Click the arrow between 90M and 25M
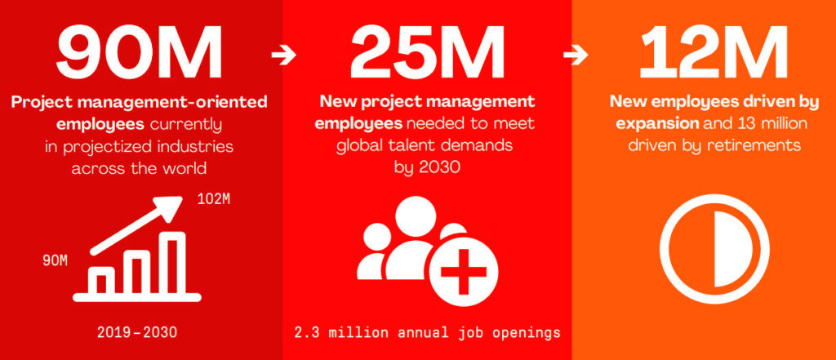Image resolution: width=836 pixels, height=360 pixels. point(283,55)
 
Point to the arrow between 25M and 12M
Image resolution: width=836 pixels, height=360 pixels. point(576,55)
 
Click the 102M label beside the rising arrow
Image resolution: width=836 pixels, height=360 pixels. point(214,200)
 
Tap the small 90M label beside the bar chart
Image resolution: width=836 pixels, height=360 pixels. point(56,260)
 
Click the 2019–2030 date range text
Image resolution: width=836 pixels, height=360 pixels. point(137,333)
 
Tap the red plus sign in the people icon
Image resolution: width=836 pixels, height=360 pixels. point(464,272)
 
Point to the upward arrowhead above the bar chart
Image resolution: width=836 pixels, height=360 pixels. point(172,206)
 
